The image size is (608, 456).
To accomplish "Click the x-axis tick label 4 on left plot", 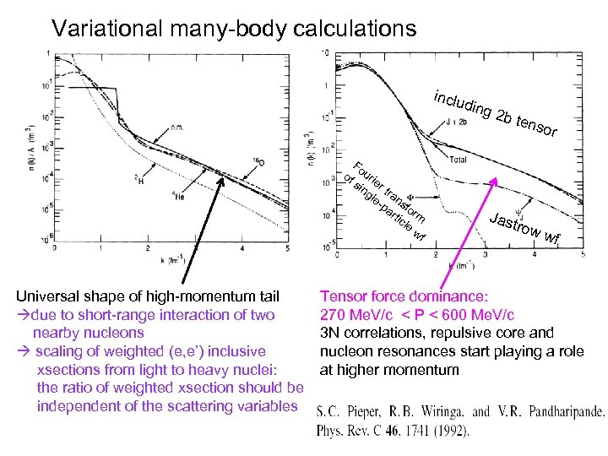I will click(x=241, y=250).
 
